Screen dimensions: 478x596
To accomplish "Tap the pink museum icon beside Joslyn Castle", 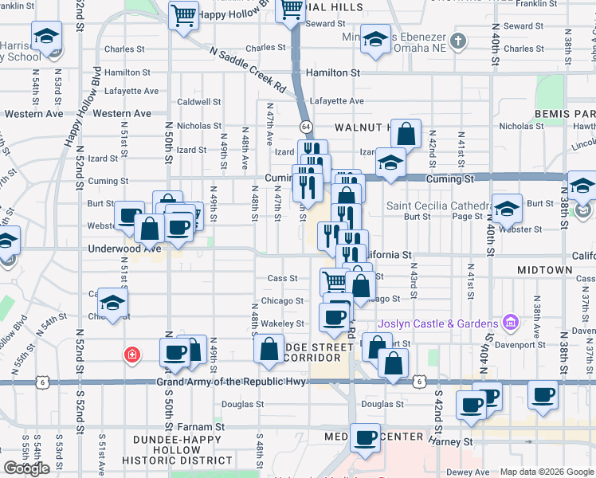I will click(x=510, y=323).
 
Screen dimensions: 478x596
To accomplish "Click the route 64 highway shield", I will click(x=305, y=127).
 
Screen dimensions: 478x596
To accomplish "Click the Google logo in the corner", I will click(x=26, y=468).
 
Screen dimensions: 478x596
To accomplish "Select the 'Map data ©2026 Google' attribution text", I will click(x=547, y=472).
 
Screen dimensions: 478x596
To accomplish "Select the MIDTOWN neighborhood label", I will click(x=544, y=270).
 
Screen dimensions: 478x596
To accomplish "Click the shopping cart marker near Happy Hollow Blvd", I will click(x=184, y=14).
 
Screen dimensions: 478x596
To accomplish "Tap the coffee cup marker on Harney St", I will click(x=366, y=437).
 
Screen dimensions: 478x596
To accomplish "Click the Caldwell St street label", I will click(x=199, y=102).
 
